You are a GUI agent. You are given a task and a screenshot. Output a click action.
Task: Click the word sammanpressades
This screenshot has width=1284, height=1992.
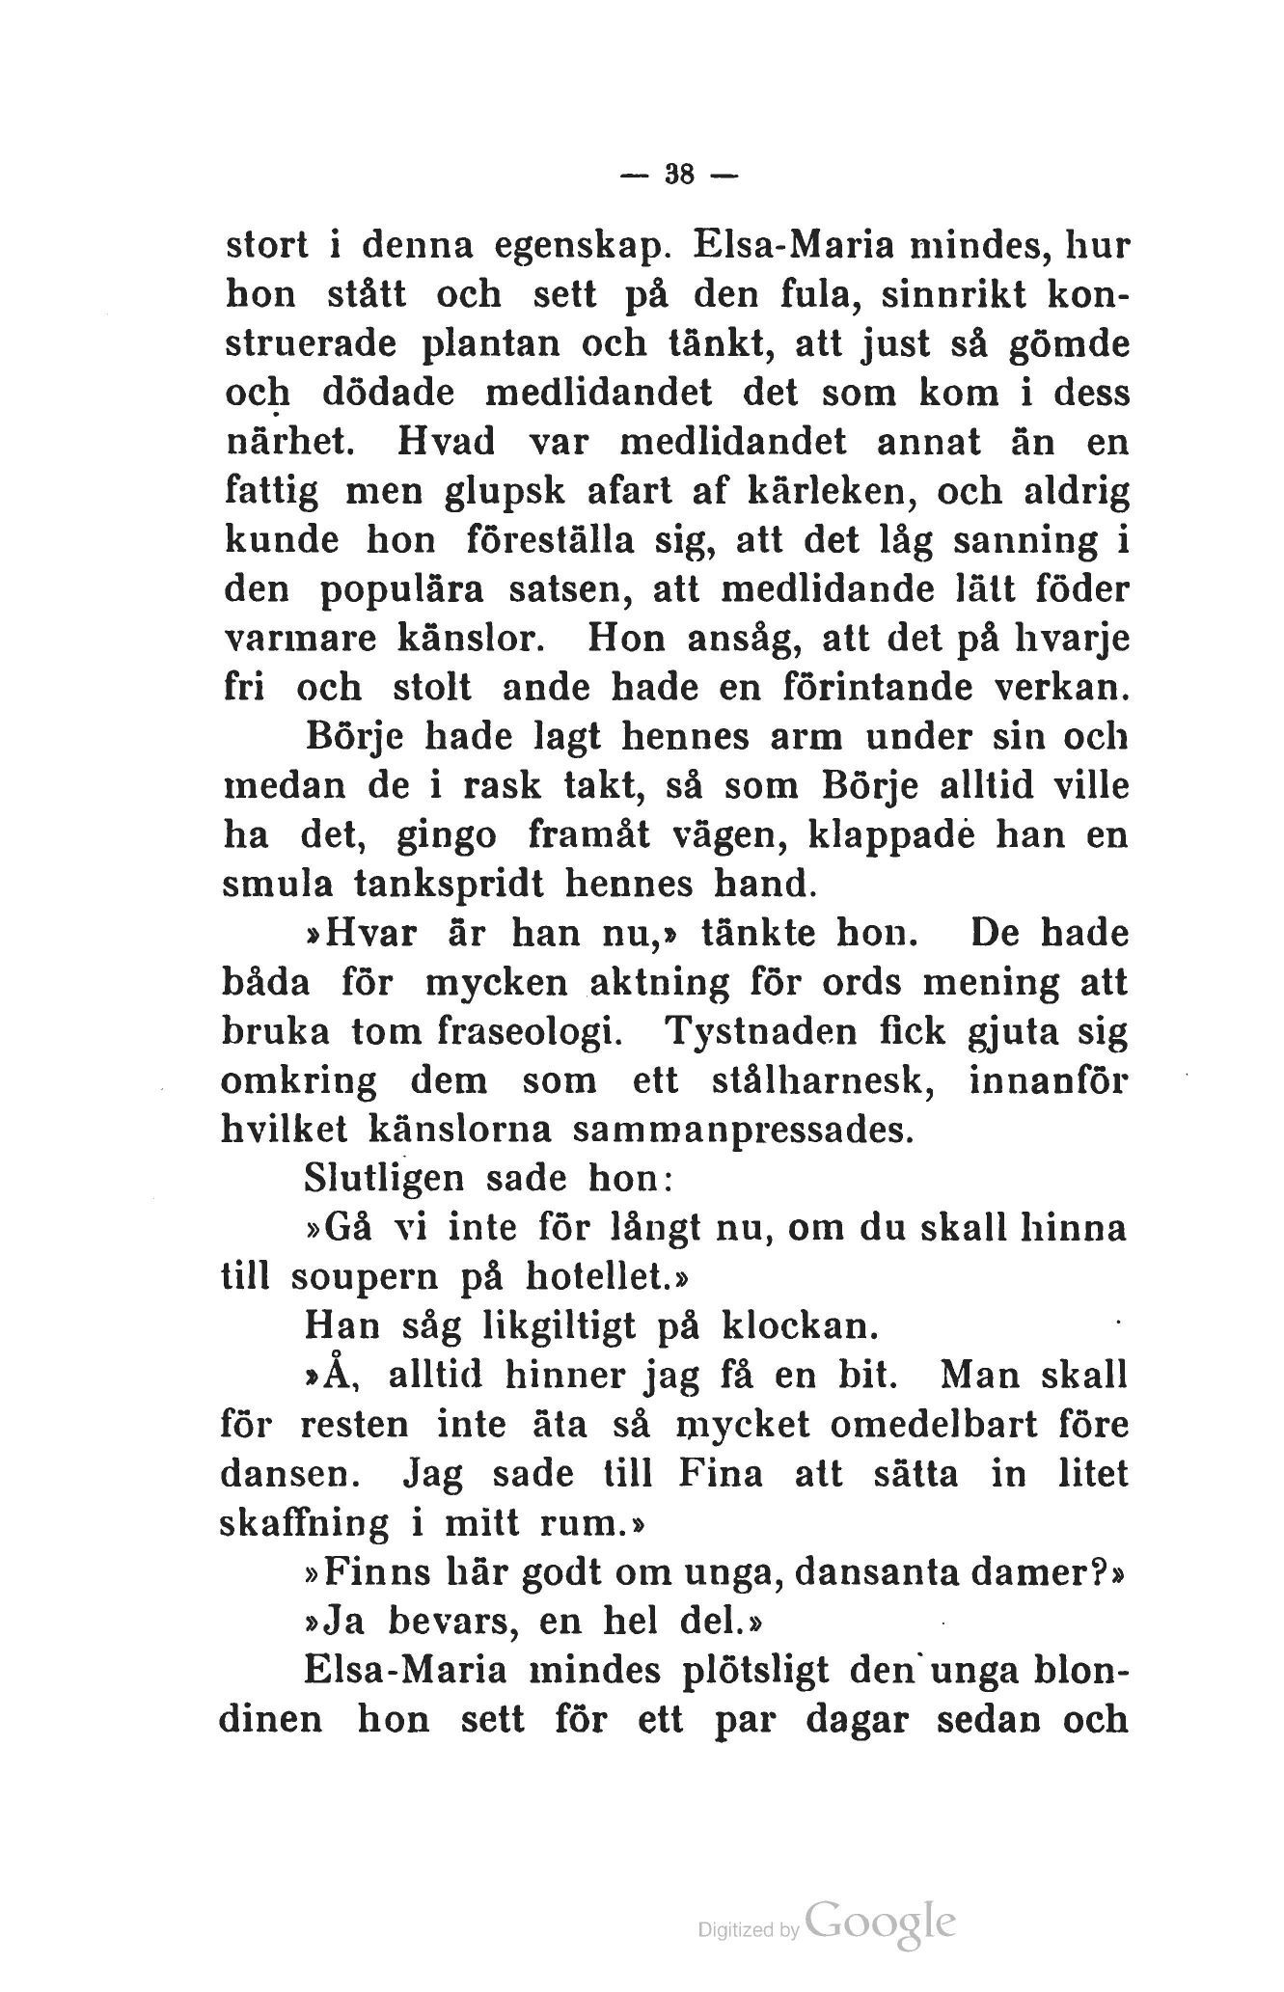741,1130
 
